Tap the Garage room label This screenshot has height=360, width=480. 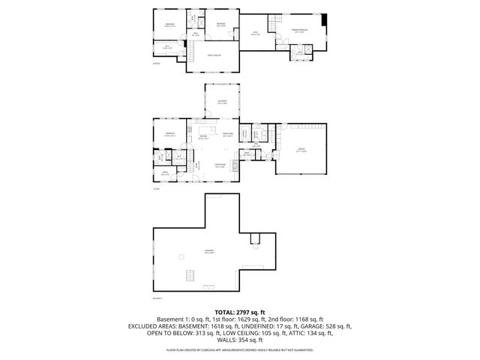click(x=301, y=149)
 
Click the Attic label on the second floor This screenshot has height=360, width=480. click(x=254, y=32)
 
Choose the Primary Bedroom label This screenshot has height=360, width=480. click(x=300, y=31)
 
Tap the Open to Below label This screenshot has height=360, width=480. click(x=214, y=55)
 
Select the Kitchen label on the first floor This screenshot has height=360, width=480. click(x=202, y=136)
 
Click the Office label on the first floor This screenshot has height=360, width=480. click(x=164, y=173)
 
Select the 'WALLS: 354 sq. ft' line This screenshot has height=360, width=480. click(x=239, y=343)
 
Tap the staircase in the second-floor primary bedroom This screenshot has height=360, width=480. click(x=275, y=19)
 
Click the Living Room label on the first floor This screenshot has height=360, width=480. click(x=220, y=166)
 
